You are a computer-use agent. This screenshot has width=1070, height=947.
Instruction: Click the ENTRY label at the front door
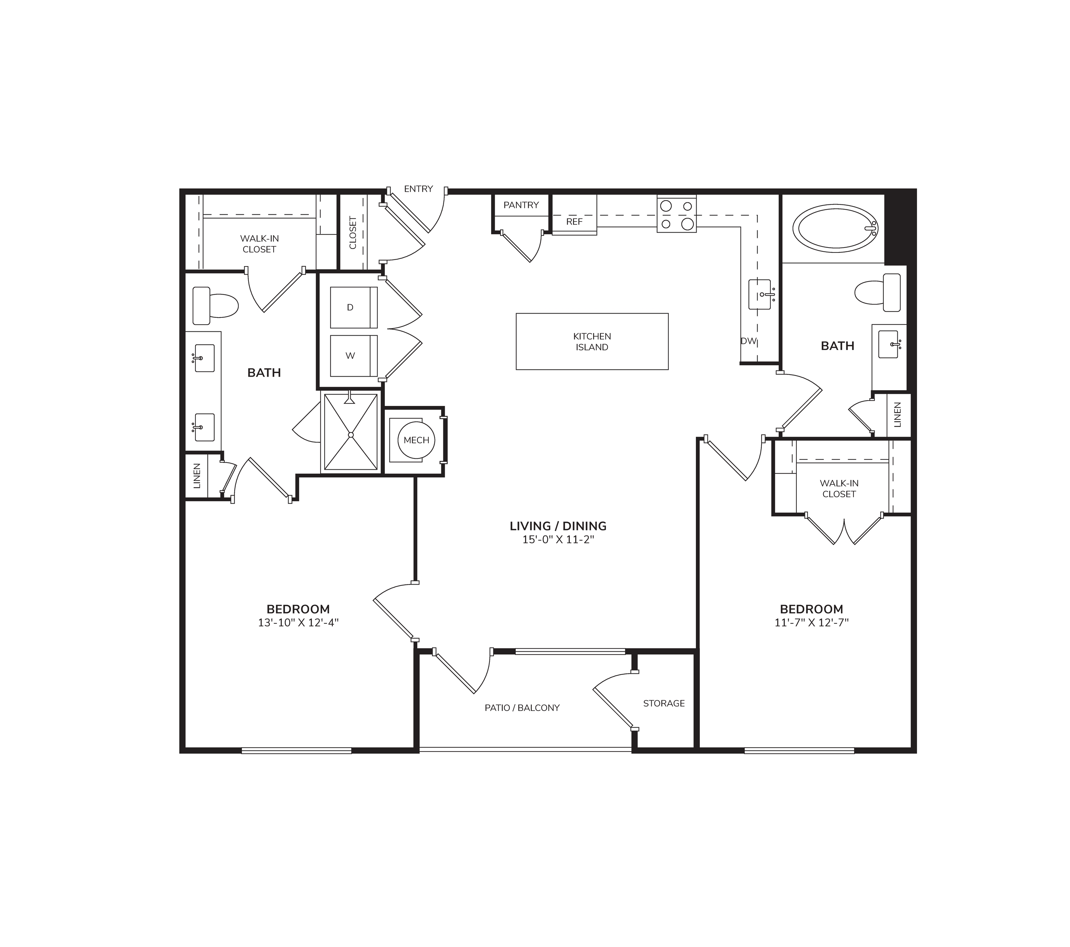[x=418, y=189]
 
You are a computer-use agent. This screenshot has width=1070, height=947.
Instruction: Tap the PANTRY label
[x=521, y=205]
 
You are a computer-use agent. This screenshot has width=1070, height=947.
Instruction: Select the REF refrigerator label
[x=574, y=222]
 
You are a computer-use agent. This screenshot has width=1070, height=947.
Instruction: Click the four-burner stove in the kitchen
[x=676, y=214]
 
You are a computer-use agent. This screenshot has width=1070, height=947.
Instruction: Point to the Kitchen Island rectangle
[x=592, y=342]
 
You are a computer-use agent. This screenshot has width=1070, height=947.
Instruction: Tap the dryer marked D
[x=353, y=307]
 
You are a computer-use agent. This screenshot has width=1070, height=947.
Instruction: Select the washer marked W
[x=353, y=356]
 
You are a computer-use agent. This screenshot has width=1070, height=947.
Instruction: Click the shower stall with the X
[x=351, y=432]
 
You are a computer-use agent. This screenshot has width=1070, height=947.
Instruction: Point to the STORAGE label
[x=664, y=704]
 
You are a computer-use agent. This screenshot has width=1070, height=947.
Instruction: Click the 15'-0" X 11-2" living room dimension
[x=558, y=540]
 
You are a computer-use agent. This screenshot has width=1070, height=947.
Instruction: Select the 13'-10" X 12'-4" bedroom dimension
[x=299, y=623]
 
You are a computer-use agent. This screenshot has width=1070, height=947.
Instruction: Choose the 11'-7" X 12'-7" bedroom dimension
[x=811, y=623]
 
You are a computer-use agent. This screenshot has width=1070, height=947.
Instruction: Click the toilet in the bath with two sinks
[x=215, y=305]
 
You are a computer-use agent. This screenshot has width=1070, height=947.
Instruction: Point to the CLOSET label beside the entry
[x=353, y=233]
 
